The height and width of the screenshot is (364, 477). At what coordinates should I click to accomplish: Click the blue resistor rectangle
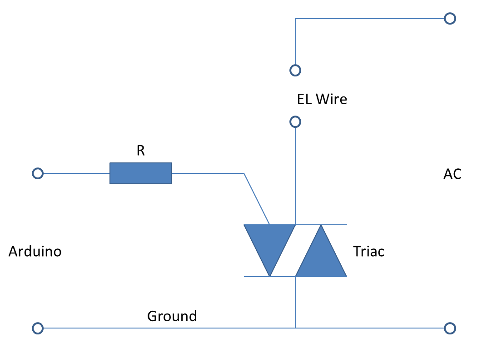click(141, 173)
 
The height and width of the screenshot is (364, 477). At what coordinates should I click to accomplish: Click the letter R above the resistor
click(141, 151)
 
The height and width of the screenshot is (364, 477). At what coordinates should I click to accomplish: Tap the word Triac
click(368, 251)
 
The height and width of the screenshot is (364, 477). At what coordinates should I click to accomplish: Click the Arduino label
click(35, 251)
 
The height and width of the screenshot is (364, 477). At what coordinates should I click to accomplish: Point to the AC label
click(452, 174)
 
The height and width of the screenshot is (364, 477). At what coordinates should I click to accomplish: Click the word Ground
click(172, 316)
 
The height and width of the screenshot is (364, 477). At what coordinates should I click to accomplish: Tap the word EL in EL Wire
click(304, 99)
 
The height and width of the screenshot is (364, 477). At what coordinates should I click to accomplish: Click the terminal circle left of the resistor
click(38, 173)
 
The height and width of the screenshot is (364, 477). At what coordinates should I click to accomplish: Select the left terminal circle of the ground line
click(38, 328)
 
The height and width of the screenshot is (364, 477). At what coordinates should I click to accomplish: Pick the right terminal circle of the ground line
click(450, 328)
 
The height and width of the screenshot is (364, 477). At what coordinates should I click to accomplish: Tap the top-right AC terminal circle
click(450, 19)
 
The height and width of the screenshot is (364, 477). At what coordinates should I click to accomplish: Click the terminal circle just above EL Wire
click(295, 71)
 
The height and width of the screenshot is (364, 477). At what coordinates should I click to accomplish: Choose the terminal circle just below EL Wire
click(295, 122)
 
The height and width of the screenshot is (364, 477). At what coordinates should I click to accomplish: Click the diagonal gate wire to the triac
click(257, 199)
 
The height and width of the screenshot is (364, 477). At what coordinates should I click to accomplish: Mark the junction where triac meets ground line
click(295, 328)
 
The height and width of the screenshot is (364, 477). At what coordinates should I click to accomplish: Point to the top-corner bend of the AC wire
click(295, 19)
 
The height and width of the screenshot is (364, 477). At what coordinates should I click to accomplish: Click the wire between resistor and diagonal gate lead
click(208, 173)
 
